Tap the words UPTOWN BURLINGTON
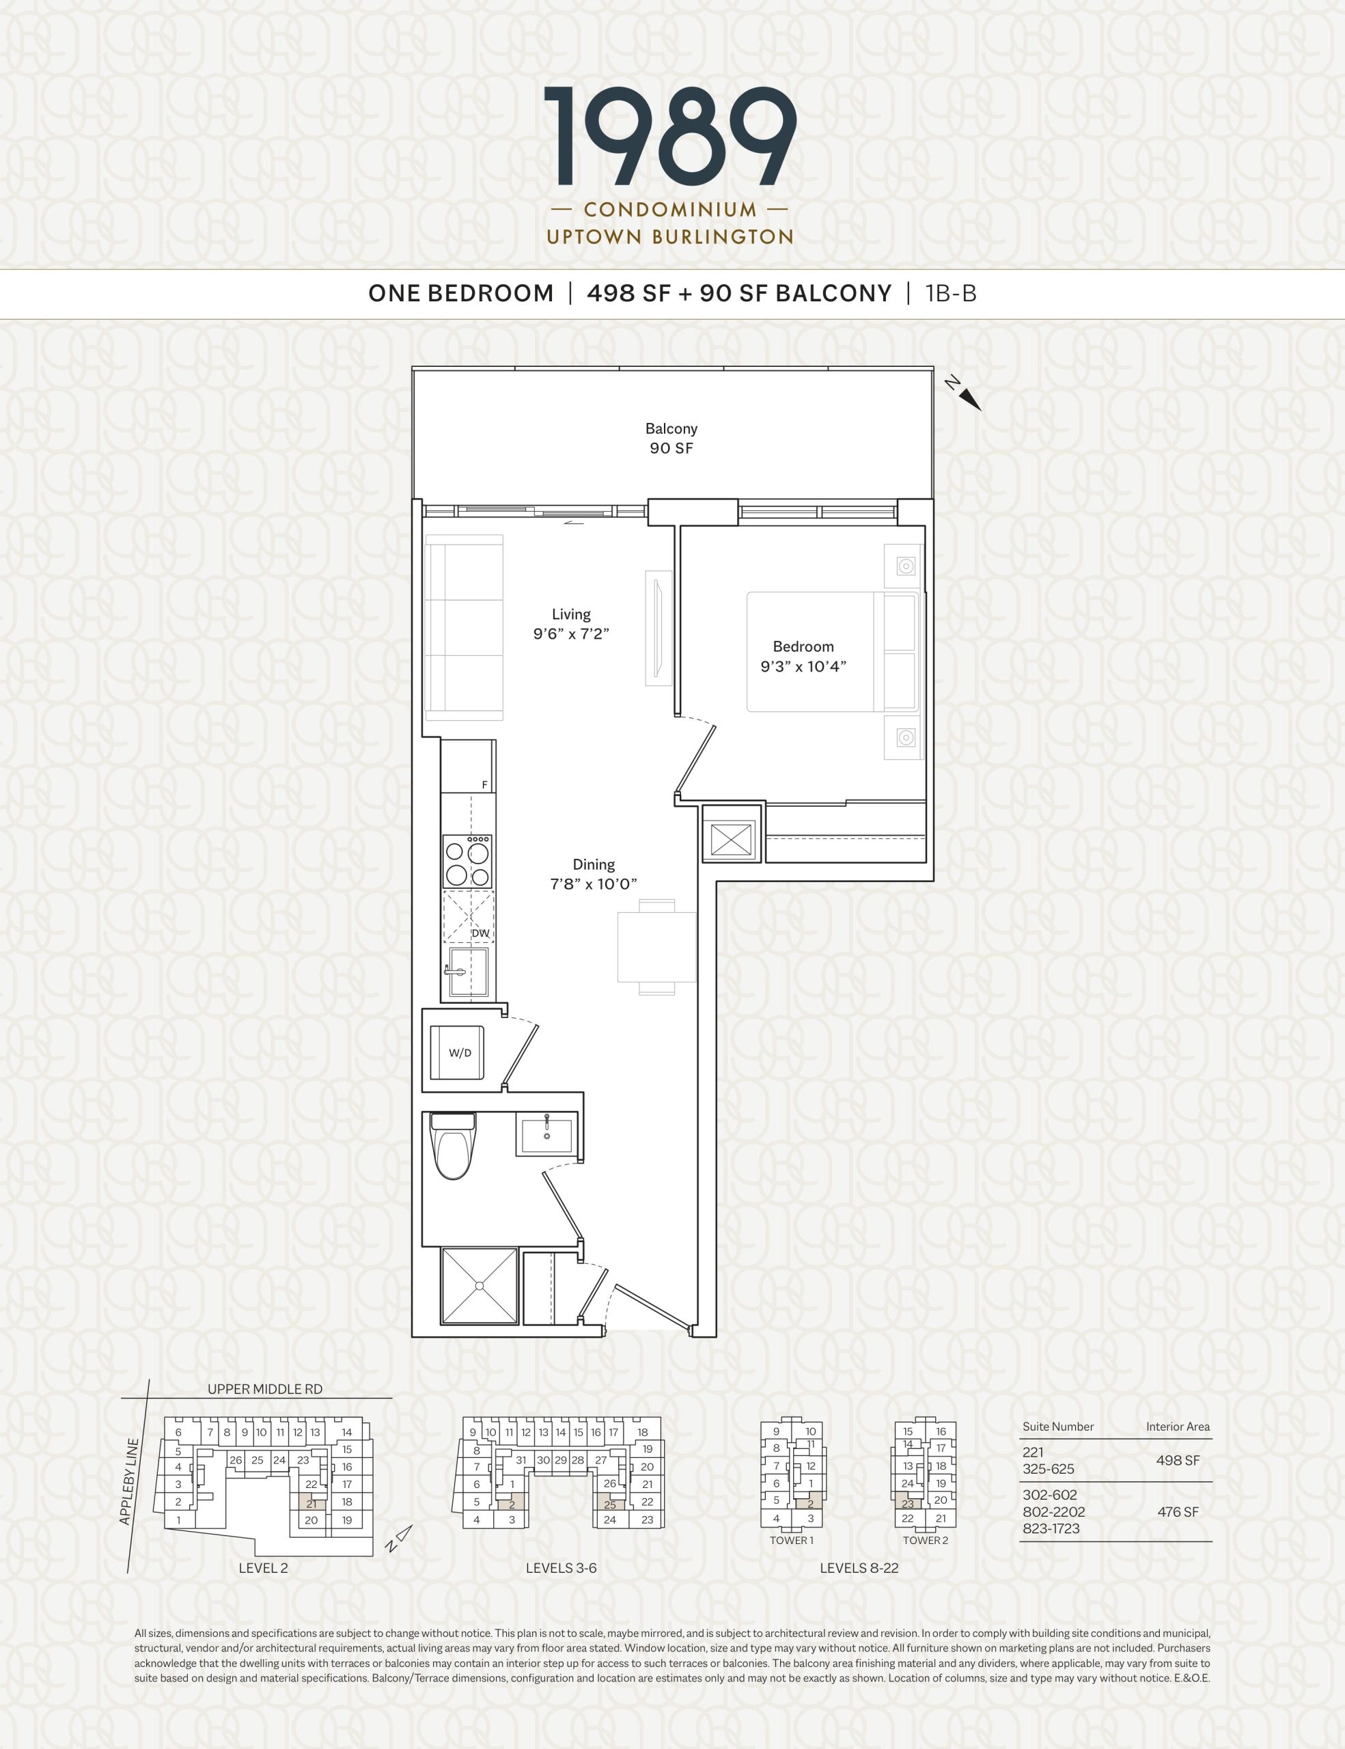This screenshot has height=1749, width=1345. click(670, 237)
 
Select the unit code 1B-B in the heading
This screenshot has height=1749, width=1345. click(951, 294)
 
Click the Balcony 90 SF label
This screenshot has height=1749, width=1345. click(671, 439)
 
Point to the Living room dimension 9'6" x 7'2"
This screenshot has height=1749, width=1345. click(572, 634)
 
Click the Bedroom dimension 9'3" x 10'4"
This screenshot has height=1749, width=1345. click(803, 666)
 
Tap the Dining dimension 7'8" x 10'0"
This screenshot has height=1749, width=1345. click(593, 884)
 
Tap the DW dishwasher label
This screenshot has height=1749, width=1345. click(480, 933)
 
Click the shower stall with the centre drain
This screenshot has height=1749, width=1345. click(480, 1285)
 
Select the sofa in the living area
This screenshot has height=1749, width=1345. click(464, 628)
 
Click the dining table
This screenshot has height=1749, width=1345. click(656, 948)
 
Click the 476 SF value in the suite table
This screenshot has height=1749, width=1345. click(1178, 1511)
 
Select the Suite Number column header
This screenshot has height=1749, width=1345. click(1057, 1427)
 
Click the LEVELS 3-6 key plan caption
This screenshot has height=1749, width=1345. click(561, 1568)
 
